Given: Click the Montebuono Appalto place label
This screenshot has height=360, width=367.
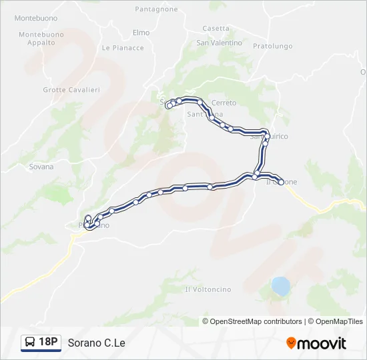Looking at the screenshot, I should tap(41, 39).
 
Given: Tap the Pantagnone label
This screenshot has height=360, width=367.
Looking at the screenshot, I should tap(156, 9).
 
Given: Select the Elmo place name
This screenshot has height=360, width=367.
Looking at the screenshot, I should tap(141, 33).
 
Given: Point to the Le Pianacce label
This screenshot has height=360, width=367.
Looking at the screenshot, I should tap(123, 48).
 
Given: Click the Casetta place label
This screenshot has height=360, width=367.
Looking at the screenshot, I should tap(216, 29).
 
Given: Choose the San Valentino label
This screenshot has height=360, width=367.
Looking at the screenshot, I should tap(219, 43).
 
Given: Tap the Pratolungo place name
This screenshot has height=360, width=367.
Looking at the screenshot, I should tap(273, 47).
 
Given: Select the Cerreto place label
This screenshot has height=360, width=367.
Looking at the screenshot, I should tap(224, 103).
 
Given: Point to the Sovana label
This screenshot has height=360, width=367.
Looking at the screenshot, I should tap(41, 167).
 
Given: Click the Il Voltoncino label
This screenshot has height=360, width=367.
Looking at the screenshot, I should tap(208, 289).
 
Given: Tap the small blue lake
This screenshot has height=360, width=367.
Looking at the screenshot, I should tap(281, 287).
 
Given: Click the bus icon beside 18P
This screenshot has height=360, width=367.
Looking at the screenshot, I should tap(30, 343).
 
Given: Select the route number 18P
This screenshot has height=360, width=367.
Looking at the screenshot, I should tap(48, 343).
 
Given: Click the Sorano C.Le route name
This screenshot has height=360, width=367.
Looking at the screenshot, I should tap(96, 343).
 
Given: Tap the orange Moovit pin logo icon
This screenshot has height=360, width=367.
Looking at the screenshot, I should tap(291, 343).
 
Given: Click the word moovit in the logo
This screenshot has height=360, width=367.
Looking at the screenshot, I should tap(322, 343).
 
